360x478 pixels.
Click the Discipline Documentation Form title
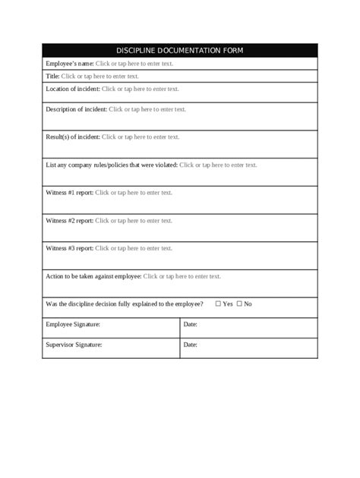pyautogui.click(x=180, y=51)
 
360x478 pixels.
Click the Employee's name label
pyautogui.click(x=69, y=64)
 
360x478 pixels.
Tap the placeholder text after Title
pyautogui.click(x=99, y=76)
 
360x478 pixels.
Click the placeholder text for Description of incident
pyautogui.click(x=147, y=109)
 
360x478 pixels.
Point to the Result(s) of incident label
pyautogui.click(x=72, y=137)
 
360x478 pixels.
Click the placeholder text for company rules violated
pyautogui.click(x=218, y=165)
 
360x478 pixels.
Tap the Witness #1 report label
pyautogui.click(x=70, y=193)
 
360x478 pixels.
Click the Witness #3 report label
pyautogui.click(x=70, y=248)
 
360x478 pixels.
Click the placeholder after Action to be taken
pyautogui.click(x=182, y=276)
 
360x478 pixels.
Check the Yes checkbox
pyautogui.click(x=218, y=304)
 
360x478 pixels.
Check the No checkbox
pyautogui.click(x=239, y=304)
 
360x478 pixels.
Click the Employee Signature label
pyautogui.click(x=73, y=325)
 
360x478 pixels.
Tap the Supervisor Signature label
pyautogui.click(x=74, y=345)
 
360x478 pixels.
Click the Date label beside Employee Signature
pyautogui.click(x=191, y=325)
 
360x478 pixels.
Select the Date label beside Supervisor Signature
pyautogui.click(x=191, y=345)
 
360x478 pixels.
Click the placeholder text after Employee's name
pyautogui.click(x=134, y=64)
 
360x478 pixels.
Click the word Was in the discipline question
pyautogui.click(x=52, y=304)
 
